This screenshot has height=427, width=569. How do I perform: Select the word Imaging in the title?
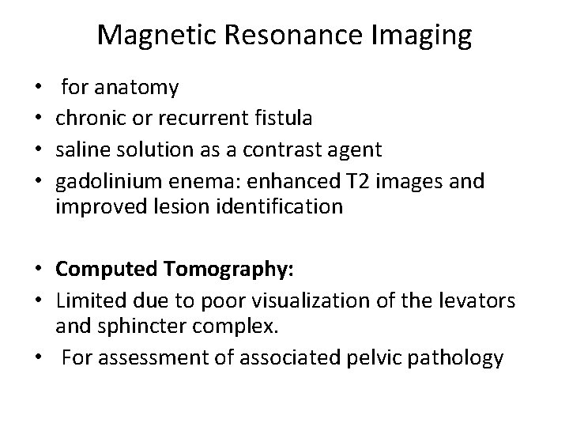click(426, 36)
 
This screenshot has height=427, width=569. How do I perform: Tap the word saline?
click(83, 149)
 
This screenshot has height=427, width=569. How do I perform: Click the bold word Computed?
click(106, 270)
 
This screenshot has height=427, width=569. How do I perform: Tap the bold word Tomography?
click(228, 270)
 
